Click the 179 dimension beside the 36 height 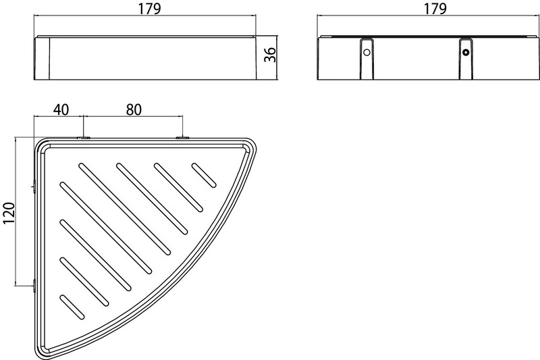[149, 9]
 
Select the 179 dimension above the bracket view [435, 9]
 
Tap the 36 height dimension [270, 55]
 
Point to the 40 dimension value [61, 109]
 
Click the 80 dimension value [134, 109]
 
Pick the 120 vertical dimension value [9, 213]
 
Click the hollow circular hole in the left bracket [367, 53]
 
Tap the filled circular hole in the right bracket [466, 53]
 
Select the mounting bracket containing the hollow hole [367, 59]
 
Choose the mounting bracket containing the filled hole [466, 59]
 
